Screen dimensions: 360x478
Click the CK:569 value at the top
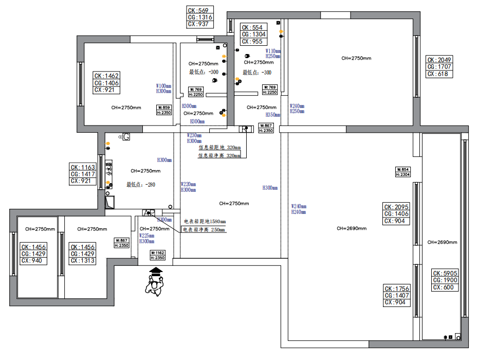click(x=198, y=10)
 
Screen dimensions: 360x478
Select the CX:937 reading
click(x=198, y=24)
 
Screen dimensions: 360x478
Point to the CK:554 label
click(x=252, y=28)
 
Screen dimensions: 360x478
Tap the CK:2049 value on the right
click(x=439, y=60)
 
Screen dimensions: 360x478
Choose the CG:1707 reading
click(x=439, y=67)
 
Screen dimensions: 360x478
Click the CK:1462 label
click(x=106, y=76)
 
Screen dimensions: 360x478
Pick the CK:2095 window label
click(x=396, y=207)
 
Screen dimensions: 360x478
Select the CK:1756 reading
click(x=396, y=289)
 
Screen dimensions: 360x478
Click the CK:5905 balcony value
click(x=445, y=274)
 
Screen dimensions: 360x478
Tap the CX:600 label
click(x=445, y=287)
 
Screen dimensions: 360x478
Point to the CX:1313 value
click(x=83, y=261)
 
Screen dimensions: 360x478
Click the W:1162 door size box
click(x=157, y=255)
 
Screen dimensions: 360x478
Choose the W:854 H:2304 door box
click(x=402, y=172)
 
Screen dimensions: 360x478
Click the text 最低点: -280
click(x=141, y=184)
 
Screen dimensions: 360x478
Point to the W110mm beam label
click(x=273, y=51)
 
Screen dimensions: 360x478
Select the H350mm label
click(x=273, y=115)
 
